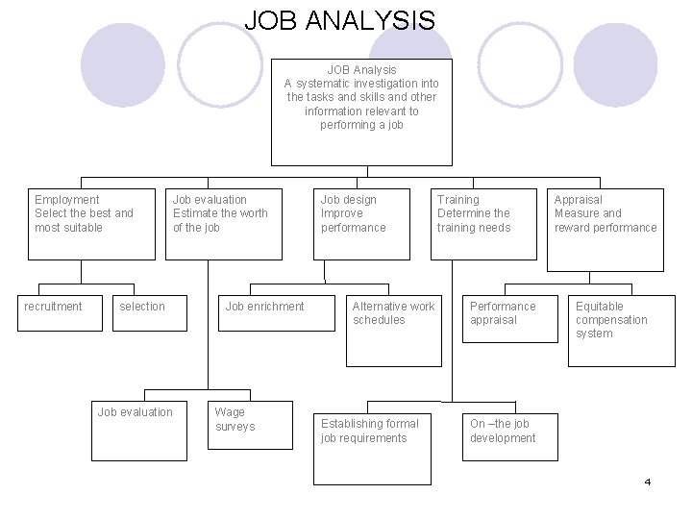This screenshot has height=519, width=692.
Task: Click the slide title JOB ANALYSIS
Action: click(339, 20)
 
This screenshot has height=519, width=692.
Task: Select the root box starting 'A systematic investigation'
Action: click(361, 113)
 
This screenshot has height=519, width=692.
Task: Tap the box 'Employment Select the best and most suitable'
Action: click(91, 223)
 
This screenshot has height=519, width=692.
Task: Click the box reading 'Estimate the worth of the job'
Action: click(224, 223)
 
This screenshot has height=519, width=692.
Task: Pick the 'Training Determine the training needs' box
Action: click(483, 223)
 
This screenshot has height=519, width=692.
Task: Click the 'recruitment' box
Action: click(60, 314)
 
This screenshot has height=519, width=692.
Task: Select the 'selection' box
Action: click(150, 314)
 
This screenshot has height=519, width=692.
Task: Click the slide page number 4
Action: click(648, 482)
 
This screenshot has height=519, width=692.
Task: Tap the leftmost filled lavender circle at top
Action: click(122, 63)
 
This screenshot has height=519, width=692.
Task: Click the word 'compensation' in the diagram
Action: click(611, 320)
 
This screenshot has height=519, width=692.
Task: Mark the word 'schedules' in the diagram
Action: click(379, 320)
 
